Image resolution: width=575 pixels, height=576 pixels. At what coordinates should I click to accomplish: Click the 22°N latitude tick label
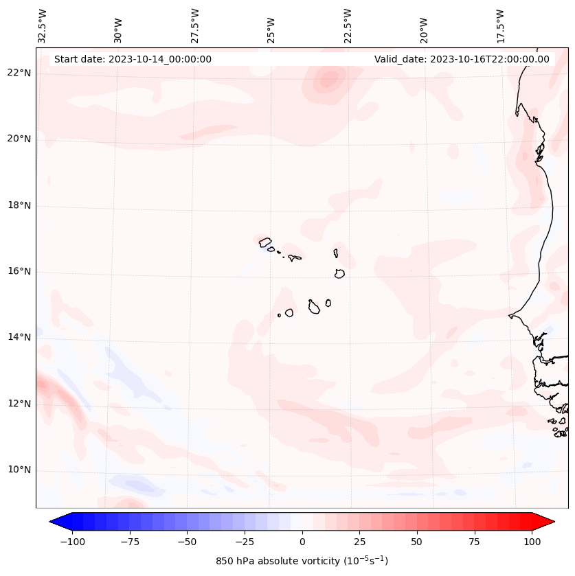(19, 73)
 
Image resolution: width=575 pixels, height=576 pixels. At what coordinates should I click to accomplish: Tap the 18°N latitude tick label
(19, 205)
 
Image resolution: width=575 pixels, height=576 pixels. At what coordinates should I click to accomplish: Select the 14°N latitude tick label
(19, 337)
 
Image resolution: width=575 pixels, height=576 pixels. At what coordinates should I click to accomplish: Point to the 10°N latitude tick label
(19, 470)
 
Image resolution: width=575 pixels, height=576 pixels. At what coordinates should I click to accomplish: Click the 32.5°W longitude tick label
(43, 25)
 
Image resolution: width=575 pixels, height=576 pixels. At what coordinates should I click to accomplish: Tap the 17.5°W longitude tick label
(500, 25)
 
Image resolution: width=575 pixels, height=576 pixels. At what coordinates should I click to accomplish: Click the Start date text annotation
(133, 59)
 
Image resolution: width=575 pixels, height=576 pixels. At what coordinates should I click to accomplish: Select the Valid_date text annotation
(462, 59)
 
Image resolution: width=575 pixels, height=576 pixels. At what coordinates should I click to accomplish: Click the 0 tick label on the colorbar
(302, 542)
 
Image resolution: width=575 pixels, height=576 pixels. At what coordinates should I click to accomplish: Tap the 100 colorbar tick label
(532, 542)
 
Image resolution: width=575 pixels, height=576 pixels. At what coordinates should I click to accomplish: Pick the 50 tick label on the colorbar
(417, 542)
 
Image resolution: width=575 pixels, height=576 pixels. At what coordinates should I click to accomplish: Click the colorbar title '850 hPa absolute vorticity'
(302, 561)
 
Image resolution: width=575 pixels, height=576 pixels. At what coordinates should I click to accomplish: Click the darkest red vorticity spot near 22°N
(328, 80)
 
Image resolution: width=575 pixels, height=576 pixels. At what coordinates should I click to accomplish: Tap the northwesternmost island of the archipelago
(265, 242)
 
